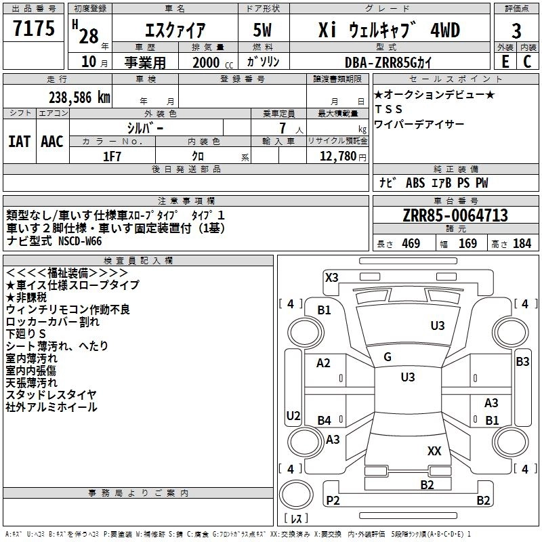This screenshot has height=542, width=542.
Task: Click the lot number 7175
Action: tap(34, 28)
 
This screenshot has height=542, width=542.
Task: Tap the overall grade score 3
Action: tap(516, 31)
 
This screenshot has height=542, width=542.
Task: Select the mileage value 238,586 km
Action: tap(79, 98)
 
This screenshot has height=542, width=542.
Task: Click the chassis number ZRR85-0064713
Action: tap(455, 215)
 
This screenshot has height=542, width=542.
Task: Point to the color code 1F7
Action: tap(112, 157)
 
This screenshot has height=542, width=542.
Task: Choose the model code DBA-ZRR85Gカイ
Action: tap(388, 62)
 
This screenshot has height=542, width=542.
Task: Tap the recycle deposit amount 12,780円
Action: tap(343, 157)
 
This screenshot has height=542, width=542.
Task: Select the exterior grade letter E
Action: tap(505, 62)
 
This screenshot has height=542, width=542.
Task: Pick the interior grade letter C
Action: tap(527, 62)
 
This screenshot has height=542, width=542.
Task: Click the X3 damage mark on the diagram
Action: tap(331, 277)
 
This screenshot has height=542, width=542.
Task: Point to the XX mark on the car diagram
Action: tap(434, 451)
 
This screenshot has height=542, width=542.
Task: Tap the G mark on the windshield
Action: tap(388, 357)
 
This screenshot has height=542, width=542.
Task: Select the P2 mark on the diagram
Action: tap(333, 500)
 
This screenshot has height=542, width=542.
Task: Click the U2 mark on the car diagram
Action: tap(293, 415)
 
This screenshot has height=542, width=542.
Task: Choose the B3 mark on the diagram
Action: tap(522, 362)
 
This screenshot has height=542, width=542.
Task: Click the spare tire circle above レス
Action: tap(296, 495)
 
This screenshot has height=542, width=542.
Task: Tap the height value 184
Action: tap(522, 244)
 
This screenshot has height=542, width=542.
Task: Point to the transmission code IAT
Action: tap(20, 142)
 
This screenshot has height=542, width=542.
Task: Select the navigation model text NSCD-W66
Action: tap(80, 241)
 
